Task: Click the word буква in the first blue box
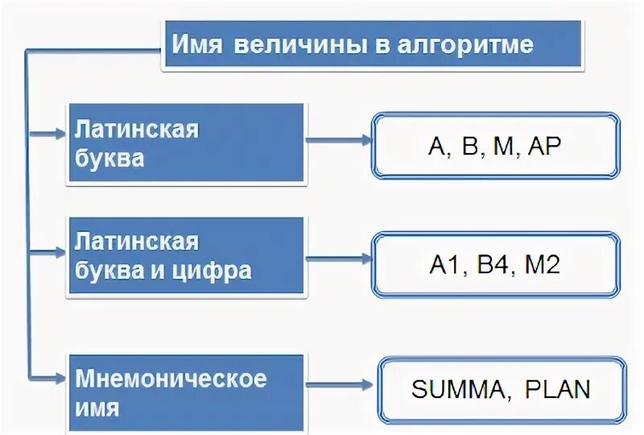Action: click(109, 158)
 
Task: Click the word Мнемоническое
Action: click(171, 377)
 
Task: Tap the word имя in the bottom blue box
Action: click(97, 408)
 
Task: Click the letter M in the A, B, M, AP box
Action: click(502, 146)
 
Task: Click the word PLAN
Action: click(557, 391)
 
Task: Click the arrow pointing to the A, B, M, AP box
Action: click(338, 139)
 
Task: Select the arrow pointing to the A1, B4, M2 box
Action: click(338, 258)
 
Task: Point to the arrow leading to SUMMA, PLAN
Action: click(341, 385)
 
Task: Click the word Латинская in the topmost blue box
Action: click(136, 129)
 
